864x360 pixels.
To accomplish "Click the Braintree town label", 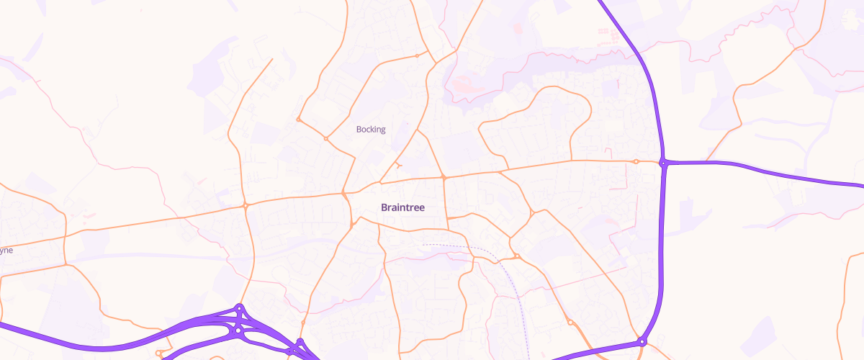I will tap(402, 207).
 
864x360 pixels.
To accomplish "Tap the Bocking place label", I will tap(371, 130).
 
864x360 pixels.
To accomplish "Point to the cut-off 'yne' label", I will tap(6, 251).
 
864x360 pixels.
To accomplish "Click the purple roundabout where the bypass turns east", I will tap(662, 163).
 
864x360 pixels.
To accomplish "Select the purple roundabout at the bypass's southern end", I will tap(642, 341).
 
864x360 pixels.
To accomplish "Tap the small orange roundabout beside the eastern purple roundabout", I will tap(636, 161).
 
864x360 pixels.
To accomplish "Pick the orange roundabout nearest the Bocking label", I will tap(326, 138).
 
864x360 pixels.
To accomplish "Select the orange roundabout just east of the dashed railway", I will tap(517, 256).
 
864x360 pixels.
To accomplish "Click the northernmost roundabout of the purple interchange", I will tap(240, 309).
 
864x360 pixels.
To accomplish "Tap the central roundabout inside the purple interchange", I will tap(237, 330).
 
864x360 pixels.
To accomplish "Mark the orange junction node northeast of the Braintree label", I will tap(444, 176).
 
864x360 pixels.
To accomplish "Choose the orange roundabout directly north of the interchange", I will tap(246, 206).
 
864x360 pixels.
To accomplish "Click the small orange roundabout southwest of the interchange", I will tap(159, 353).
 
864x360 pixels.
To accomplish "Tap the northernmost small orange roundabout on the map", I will tap(417, 55).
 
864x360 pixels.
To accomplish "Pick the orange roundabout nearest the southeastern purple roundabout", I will tap(570, 322).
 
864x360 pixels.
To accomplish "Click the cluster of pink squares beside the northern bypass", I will tap(606, 32).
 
